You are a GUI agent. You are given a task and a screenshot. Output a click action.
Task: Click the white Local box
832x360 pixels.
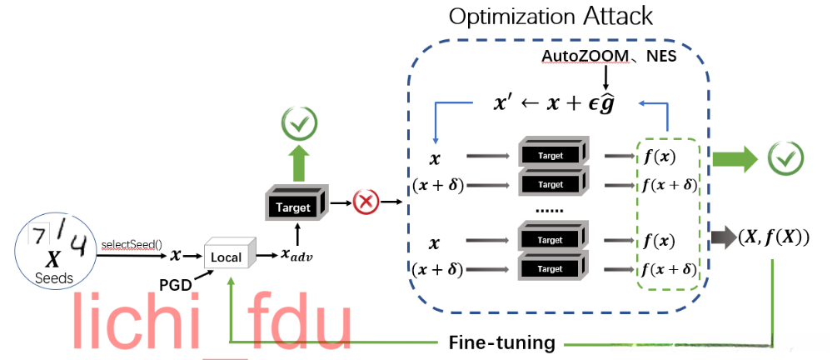tap(226, 257)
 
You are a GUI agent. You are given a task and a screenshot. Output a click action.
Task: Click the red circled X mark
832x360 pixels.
tap(366, 202)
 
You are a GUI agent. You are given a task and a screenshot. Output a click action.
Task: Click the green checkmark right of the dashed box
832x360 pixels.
tap(785, 156)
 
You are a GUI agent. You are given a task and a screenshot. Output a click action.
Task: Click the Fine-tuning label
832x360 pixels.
tap(501, 342)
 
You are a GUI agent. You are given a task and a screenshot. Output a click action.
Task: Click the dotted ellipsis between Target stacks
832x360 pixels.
tap(549, 210)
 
